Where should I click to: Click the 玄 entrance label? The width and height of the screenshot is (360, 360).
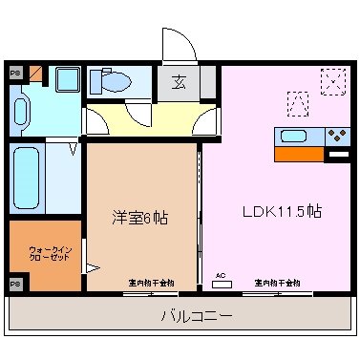pos(179,83)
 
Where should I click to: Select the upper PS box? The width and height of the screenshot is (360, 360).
pos(15,72)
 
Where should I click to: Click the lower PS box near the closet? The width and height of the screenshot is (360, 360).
pos(15,284)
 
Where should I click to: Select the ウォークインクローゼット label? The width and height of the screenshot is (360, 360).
pos(44,255)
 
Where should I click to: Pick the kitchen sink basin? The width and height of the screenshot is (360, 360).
pos(293,135)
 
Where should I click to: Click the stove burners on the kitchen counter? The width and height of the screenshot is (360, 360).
pos(337,135)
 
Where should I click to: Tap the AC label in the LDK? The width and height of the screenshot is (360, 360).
pos(221,275)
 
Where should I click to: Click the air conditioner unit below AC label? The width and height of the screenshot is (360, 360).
pos(221,285)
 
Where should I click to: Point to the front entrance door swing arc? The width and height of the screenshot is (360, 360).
pos(178,42)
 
